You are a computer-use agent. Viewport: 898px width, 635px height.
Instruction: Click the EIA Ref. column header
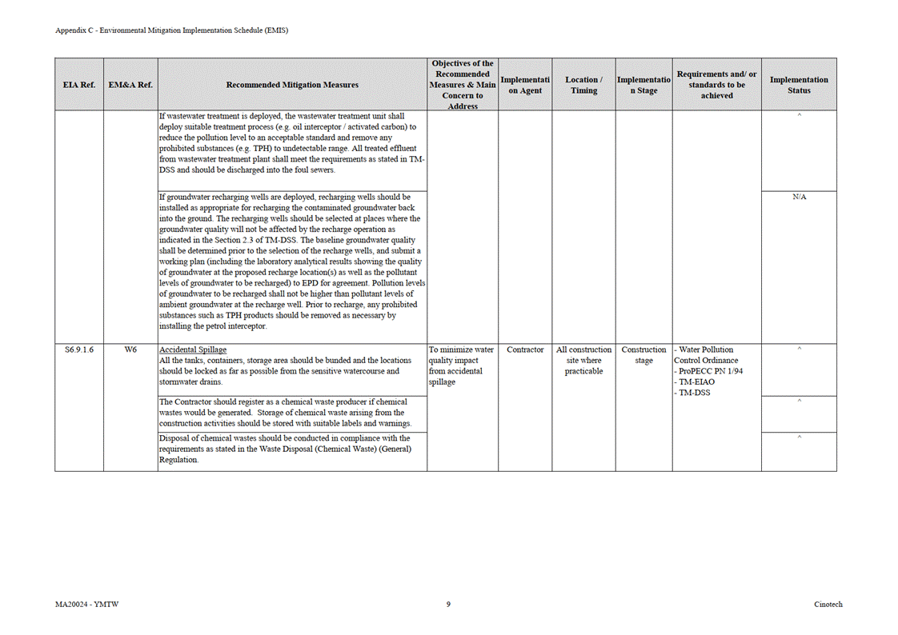click(x=78, y=85)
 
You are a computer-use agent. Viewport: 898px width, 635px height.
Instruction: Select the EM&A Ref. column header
click(x=130, y=85)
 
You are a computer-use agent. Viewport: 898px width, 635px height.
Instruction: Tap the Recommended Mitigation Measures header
click(x=292, y=85)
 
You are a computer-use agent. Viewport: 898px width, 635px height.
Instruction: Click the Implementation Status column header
click(x=799, y=85)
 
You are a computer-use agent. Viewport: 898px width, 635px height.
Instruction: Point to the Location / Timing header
click(x=583, y=85)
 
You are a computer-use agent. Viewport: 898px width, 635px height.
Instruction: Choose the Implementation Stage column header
click(x=643, y=85)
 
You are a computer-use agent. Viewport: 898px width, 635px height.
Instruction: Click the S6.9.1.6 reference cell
click(x=78, y=349)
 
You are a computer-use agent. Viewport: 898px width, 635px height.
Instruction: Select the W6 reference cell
click(x=130, y=349)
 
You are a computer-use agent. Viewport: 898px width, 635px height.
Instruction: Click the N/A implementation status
click(x=799, y=197)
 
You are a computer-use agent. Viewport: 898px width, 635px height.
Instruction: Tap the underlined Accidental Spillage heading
click(x=193, y=349)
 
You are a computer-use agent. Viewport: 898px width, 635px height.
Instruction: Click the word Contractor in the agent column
click(x=525, y=349)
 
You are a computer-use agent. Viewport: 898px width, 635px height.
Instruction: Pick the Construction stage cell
click(x=643, y=355)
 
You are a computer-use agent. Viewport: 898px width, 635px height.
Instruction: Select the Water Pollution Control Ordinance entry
click(x=706, y=355)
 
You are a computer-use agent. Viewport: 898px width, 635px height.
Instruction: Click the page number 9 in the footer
click(x=448, y=605)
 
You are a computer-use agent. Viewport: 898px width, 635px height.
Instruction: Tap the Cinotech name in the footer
click(x=828, y=605)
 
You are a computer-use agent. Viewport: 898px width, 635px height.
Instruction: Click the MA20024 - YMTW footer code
click(x=82, y=605)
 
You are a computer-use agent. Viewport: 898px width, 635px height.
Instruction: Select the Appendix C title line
click(x=171, y=30)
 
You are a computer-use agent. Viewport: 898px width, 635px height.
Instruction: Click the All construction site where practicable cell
click(x=583, y=360)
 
